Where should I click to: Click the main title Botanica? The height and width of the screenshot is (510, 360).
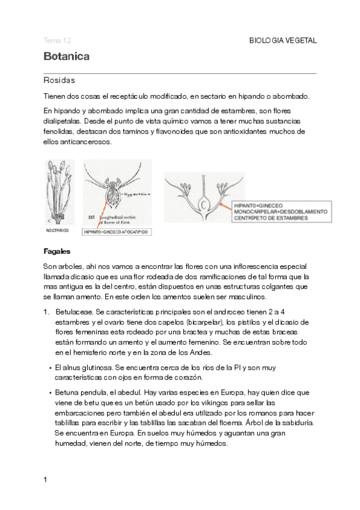pos(67,57)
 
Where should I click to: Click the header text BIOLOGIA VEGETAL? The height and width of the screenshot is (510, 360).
pos(282,40)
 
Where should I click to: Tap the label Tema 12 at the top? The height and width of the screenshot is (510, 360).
pos(58,40)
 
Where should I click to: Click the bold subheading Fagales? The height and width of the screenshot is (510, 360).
pos(57,251)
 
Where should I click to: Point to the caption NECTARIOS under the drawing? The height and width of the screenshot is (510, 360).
pos(57,230)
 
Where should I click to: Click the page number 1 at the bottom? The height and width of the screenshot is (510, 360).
pos(45,480)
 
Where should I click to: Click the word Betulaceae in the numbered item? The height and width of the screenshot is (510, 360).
pos(73,312)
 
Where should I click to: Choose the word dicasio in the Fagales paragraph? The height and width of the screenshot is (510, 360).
pos(75,277)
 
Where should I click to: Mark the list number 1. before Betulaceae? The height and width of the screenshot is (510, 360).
pos(46,312)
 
